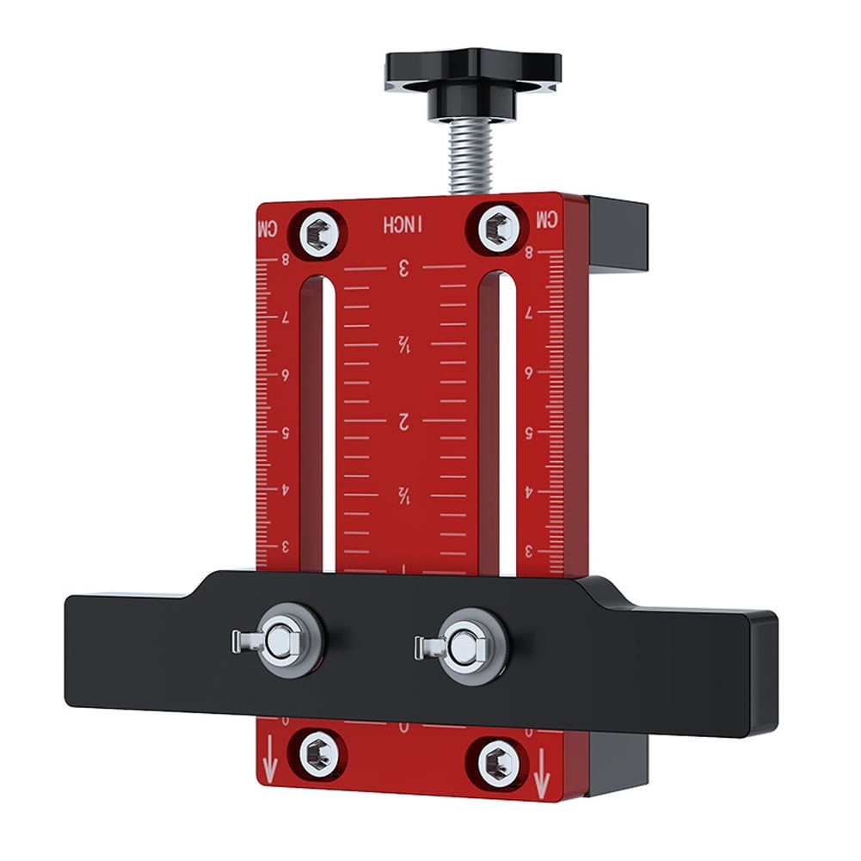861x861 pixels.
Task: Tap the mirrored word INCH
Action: tap(403, 224)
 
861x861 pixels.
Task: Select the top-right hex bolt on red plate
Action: tap(497, 229)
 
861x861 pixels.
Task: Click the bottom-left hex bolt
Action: tap(317, 754)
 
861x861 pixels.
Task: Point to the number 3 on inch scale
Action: tap(403, 268)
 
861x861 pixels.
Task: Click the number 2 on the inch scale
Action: tap(403, 421)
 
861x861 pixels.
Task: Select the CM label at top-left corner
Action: tap(268, 230)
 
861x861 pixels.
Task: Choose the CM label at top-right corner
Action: tap(547, 220)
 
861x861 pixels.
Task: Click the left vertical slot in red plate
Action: tap(316, 421)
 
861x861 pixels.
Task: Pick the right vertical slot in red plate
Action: tap(498, 421)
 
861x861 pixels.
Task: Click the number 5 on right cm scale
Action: tap(528, 433)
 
